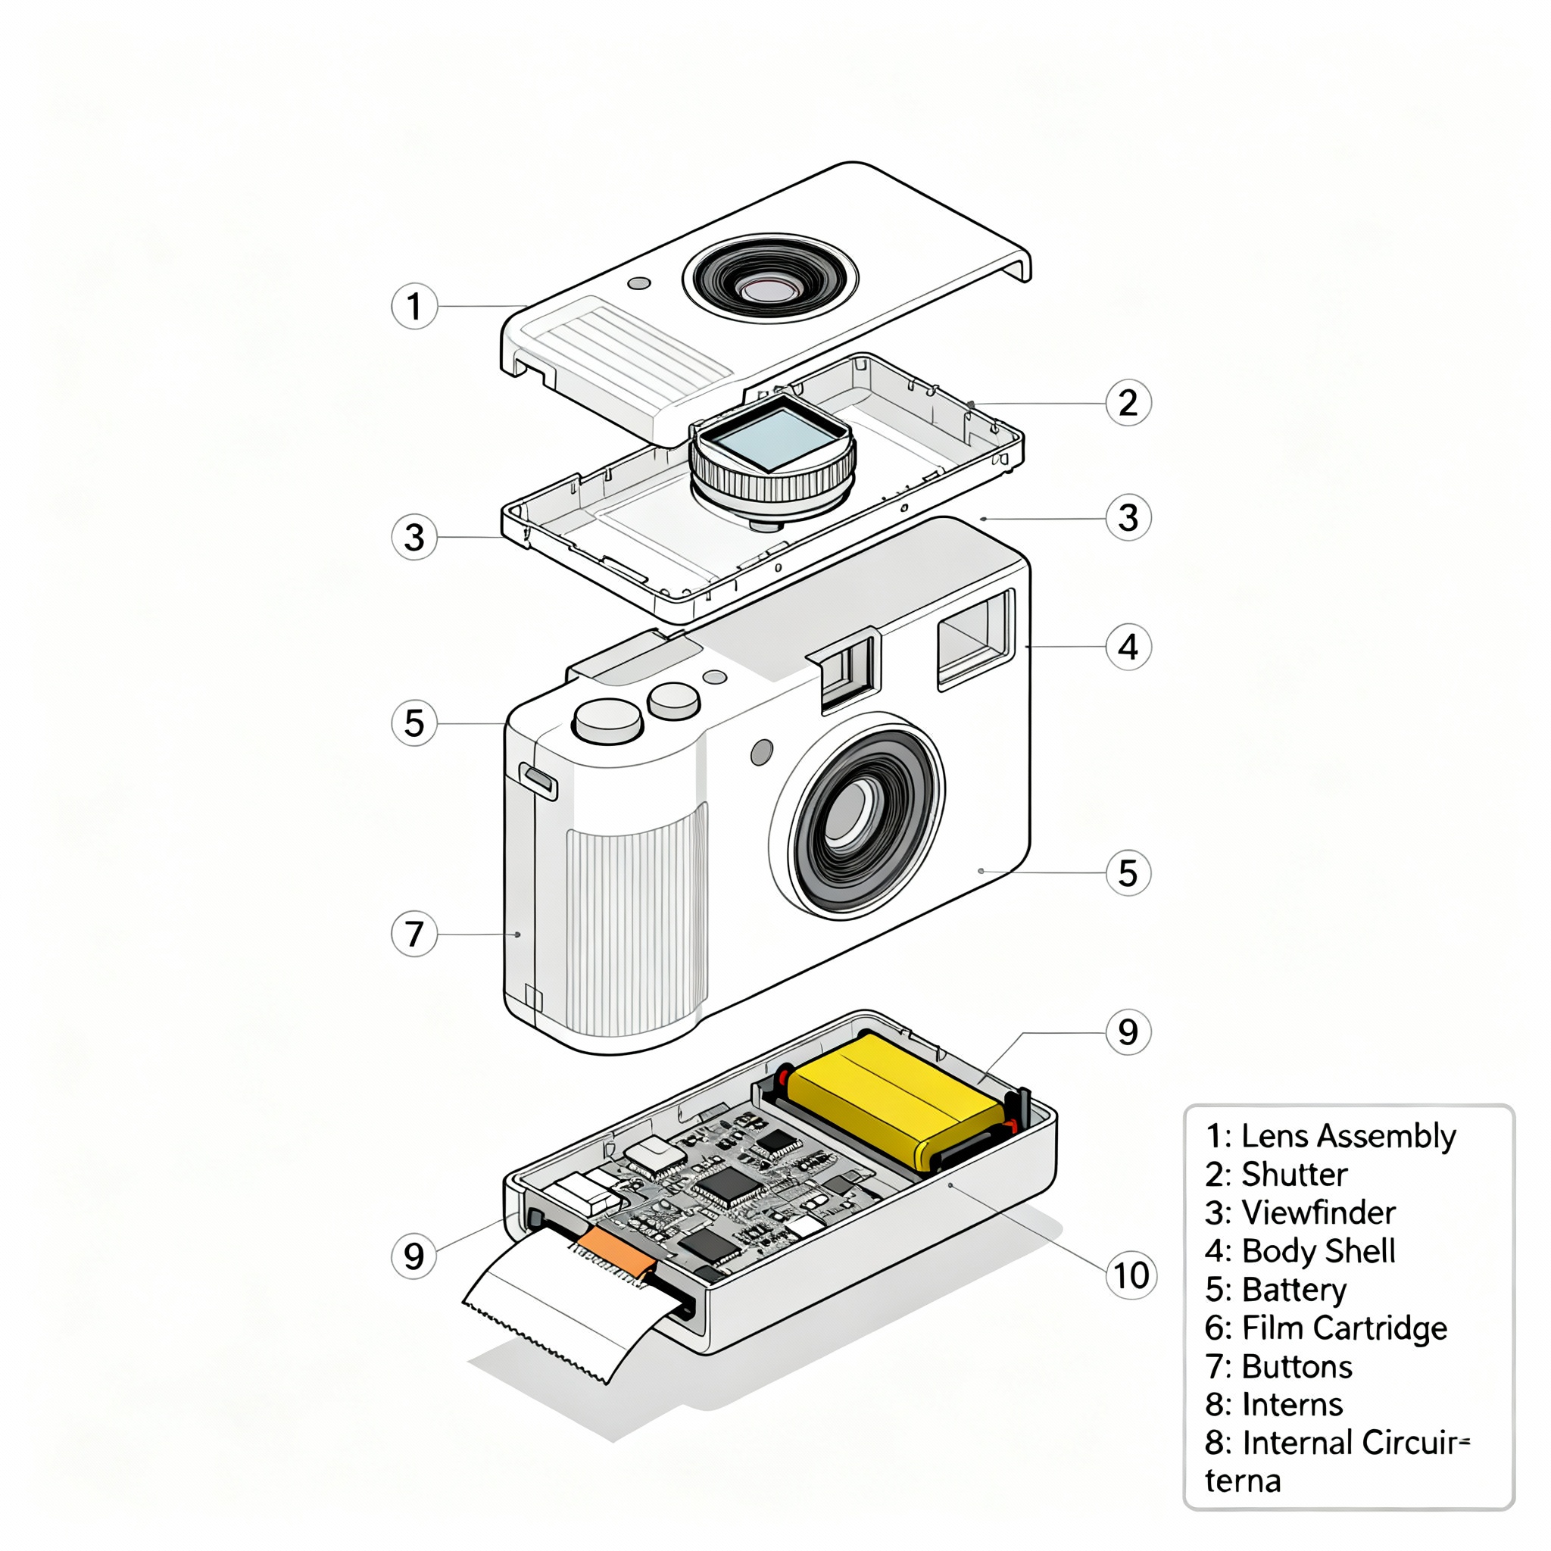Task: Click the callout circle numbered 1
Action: [x=414, y=306]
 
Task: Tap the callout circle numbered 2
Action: [x=1128, y=403]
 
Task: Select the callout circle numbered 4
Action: [x=1128, y=646]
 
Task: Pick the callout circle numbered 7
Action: [x=414, y=934]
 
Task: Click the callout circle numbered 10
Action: [x=1131, y=1275]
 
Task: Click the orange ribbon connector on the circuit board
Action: [x=615, y=1252]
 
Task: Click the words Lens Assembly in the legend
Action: [x=1348, y=1136]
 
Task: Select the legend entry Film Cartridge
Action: [x=1344, y=1328]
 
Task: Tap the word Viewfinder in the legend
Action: [x=1319, y=1213]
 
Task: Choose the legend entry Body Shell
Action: [x=1319, y=1251]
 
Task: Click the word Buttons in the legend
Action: [x=1297, y=1366]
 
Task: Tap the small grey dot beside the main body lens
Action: [x=761, y=752]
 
